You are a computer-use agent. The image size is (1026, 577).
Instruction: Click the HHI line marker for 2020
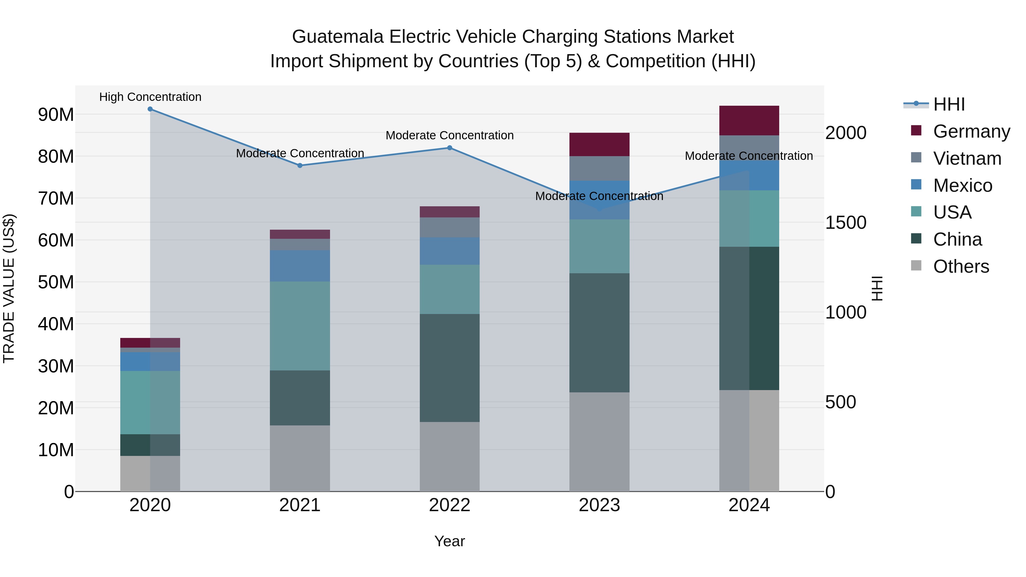pos(150,109)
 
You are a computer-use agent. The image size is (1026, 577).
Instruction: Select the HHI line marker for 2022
pos(450,148)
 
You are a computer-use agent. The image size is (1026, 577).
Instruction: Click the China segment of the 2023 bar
pos(599,333)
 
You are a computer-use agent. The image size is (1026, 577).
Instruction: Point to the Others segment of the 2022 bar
pos(450,456)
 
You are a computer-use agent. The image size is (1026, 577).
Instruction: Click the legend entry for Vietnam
pos(967,158)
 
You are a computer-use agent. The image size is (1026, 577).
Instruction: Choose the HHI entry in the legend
pos(949,104)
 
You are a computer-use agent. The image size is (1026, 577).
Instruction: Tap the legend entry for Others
pos(961,266)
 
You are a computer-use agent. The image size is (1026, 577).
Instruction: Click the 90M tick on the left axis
pos(56,115)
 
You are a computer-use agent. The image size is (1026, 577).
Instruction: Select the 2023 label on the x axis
pos(599,505)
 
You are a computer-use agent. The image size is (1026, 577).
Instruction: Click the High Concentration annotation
pos(150,97)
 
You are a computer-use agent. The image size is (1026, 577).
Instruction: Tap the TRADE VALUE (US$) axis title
pos(9,288)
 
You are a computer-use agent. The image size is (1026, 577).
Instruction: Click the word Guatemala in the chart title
pos(338,37)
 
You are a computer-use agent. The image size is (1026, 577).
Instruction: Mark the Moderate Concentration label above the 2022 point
pos(450,135)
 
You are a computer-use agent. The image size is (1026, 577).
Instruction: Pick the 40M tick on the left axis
pos(56,324)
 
